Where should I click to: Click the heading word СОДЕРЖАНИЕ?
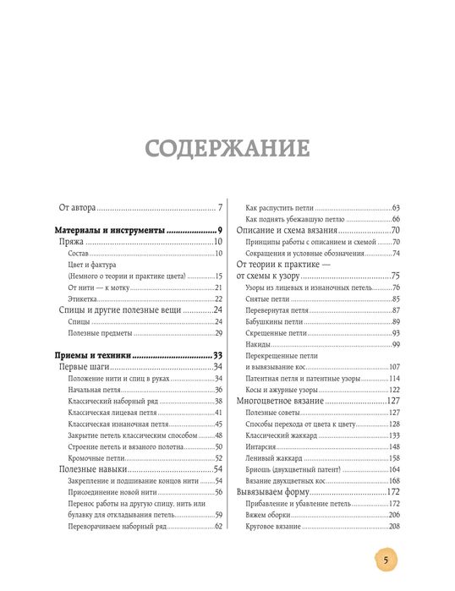click(227, 150)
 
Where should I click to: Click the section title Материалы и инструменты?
click(109, 230)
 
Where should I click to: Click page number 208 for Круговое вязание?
click(393, 526)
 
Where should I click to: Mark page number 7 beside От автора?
click(219, 207)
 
